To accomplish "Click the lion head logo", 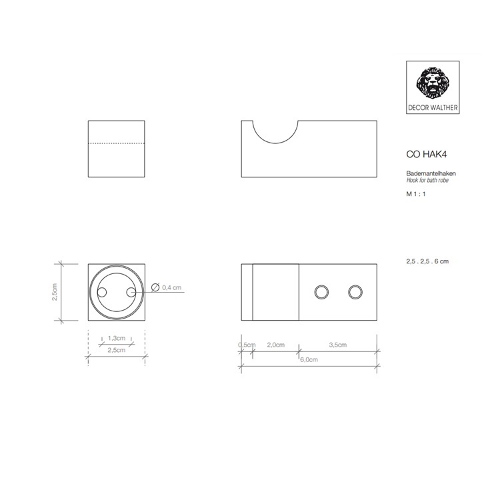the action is click(433, 83).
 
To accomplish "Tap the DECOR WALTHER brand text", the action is click(433, 108).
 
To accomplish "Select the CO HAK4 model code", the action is click(427, 155).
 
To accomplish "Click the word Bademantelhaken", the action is click(431, 173).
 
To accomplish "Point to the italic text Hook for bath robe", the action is click(427, 181).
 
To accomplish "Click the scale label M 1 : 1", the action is click(416, 194).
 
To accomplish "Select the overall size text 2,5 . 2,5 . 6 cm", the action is click(427, 261).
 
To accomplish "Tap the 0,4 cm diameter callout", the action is click(171, 287).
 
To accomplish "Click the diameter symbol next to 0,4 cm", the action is click(155, 287).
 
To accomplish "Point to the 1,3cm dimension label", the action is click(117, 338).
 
